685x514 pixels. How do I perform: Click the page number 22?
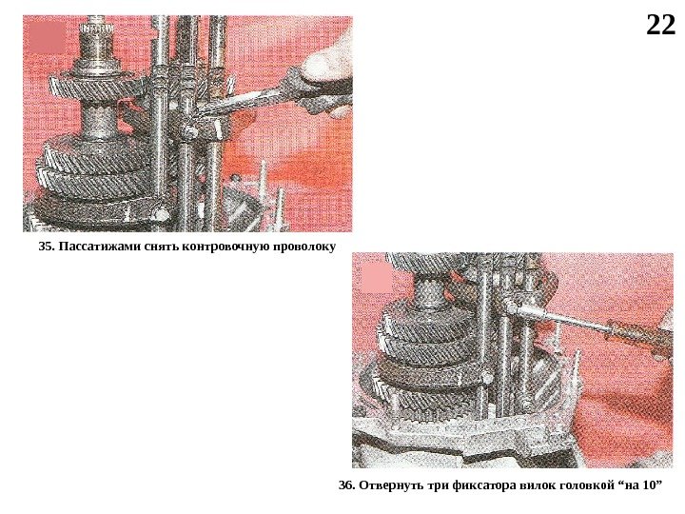coord(660,26)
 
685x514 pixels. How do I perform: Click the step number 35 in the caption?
coord(46,247)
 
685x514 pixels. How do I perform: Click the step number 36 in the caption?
coord(346,485)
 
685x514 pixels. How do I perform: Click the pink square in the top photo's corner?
coord(47,37)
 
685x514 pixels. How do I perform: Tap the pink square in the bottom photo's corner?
coord(378,278)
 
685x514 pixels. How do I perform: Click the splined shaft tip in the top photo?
coord(97,30)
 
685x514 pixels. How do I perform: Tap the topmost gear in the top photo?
coord(97,89)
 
